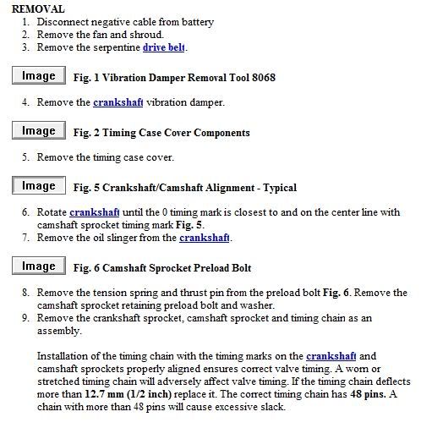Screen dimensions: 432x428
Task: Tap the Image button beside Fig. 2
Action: coord(38,131)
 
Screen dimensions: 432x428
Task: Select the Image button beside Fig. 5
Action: coord(38,186)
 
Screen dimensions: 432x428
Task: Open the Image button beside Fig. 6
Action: coord(38,266)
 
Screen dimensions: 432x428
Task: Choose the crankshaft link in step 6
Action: coord(95,212)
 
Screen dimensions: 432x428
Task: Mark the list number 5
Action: coord(26,157)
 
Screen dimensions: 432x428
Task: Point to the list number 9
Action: coord(26,318)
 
